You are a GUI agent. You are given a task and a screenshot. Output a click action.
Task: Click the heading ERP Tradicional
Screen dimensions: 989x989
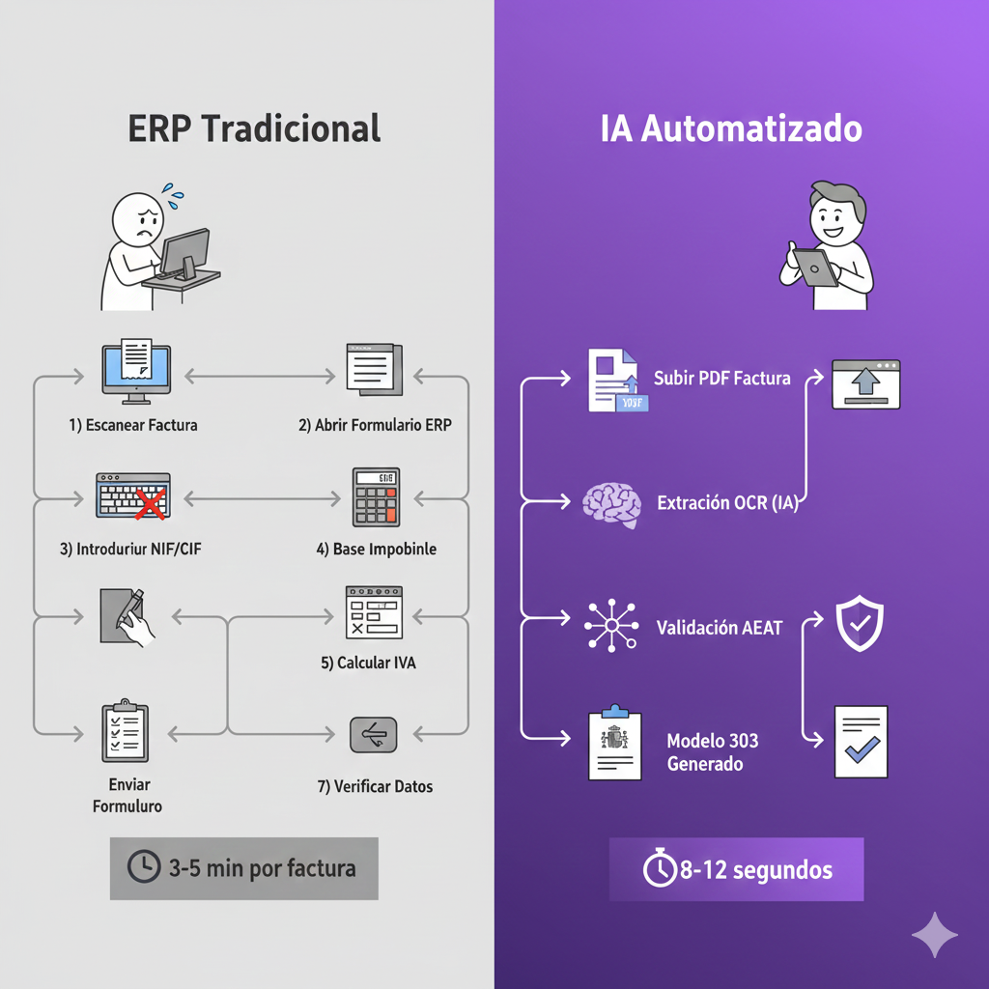point(254,128)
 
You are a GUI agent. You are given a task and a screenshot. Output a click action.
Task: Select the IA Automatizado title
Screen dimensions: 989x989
point(731,129)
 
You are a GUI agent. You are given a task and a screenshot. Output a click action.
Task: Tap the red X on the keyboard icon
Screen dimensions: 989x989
point(149,501)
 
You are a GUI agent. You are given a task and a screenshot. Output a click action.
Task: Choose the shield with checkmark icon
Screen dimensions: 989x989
point(859,626)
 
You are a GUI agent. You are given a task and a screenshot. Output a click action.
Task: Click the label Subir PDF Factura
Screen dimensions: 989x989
point(721,378)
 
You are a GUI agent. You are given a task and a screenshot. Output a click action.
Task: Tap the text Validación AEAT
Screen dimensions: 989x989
point(720,628)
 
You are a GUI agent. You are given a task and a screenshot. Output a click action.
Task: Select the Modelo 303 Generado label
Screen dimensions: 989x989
point(712,752)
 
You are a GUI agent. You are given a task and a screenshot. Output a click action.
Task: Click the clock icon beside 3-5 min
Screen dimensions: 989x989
point(143,867)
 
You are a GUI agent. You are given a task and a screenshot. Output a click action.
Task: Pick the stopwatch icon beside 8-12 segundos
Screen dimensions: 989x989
point(660,869)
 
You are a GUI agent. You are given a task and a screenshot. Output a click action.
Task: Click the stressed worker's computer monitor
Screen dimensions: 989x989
point(184,249)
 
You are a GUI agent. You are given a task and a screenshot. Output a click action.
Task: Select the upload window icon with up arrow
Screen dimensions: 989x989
point(865,383)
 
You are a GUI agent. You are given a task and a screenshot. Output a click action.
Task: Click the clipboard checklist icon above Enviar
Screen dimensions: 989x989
point(126,732)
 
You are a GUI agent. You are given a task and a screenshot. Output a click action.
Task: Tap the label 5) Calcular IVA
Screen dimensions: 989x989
point(369,664)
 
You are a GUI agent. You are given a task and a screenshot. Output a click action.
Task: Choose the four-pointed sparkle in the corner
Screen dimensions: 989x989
point(935,934)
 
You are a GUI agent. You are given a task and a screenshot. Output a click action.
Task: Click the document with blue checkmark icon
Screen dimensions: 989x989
point(860,741)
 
